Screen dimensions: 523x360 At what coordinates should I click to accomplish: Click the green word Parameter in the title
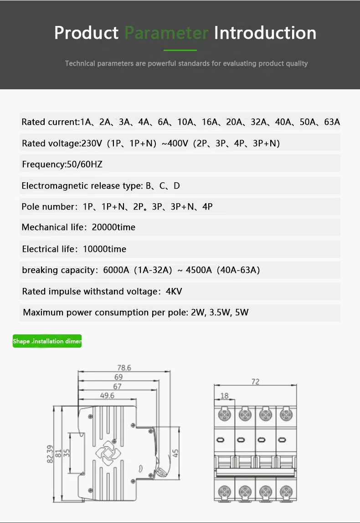point(166,33)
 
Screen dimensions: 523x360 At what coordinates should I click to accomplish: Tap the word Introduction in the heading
point(265,33)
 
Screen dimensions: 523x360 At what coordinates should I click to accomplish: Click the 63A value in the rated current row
point(332,122)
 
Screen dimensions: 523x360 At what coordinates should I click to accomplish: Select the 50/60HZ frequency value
point(85,164)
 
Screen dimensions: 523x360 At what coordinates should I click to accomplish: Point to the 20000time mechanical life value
point(113,227)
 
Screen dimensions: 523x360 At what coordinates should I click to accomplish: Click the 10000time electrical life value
point(104,249)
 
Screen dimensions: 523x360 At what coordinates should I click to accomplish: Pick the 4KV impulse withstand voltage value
point(174,292)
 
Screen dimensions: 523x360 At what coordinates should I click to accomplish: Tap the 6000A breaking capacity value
point(116,270)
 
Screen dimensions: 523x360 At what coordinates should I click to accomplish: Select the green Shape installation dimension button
point(47,341)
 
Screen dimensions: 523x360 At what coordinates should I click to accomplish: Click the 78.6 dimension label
point(123,368)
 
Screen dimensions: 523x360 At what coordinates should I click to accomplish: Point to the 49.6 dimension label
point(107,395)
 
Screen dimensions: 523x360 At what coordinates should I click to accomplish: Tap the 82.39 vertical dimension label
point(50,454)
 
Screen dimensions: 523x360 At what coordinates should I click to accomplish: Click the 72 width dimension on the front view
point(255,382)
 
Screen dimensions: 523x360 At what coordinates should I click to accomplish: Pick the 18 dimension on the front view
point(224,396)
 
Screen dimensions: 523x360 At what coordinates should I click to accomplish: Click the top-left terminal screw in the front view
point(224,415)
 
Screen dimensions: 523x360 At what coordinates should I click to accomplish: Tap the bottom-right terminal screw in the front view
point(286,491)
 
